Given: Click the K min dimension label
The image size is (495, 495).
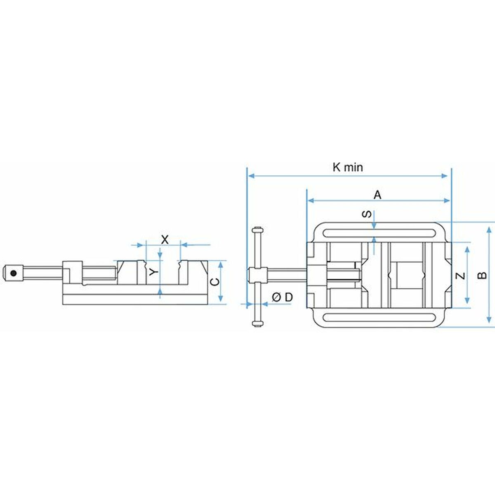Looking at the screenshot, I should (x=348, y=167).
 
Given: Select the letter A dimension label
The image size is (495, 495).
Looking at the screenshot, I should (x=377, y=195).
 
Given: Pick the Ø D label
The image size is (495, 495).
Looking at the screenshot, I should (x=282, y=297).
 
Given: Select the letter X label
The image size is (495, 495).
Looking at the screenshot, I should (x=165, y=239).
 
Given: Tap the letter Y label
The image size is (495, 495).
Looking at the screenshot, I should (x=153, y=272).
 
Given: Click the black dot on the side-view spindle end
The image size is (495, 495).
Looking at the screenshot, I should (x=14, y=272).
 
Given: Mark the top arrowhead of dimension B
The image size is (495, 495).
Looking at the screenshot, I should (x=489, y=226).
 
